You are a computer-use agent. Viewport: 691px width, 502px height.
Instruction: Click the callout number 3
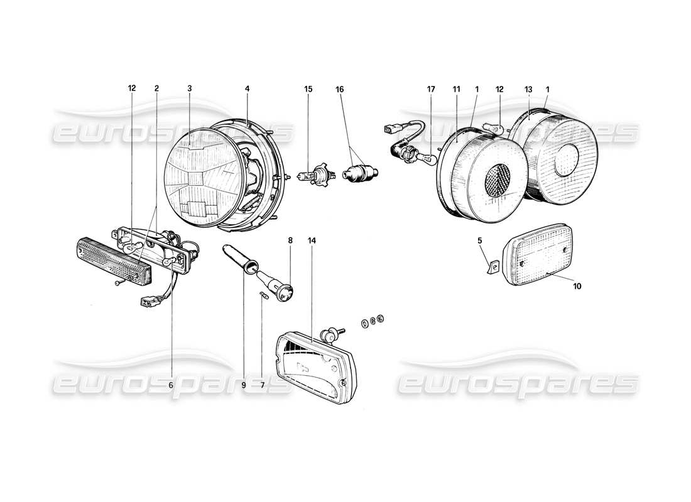tap(189, 89)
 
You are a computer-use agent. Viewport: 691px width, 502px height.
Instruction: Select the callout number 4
tap(248, 89)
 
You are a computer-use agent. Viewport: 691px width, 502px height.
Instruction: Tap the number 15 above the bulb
tap(308, 89)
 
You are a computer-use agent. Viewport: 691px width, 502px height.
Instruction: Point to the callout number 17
tap(431, 89)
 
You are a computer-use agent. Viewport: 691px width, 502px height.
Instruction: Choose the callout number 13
tap(529, 89)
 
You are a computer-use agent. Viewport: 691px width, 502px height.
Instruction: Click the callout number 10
tap(577, 286)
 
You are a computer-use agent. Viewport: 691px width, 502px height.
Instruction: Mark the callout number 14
tap(312, 240)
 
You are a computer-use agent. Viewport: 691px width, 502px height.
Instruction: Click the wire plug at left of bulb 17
tap(388, 131)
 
